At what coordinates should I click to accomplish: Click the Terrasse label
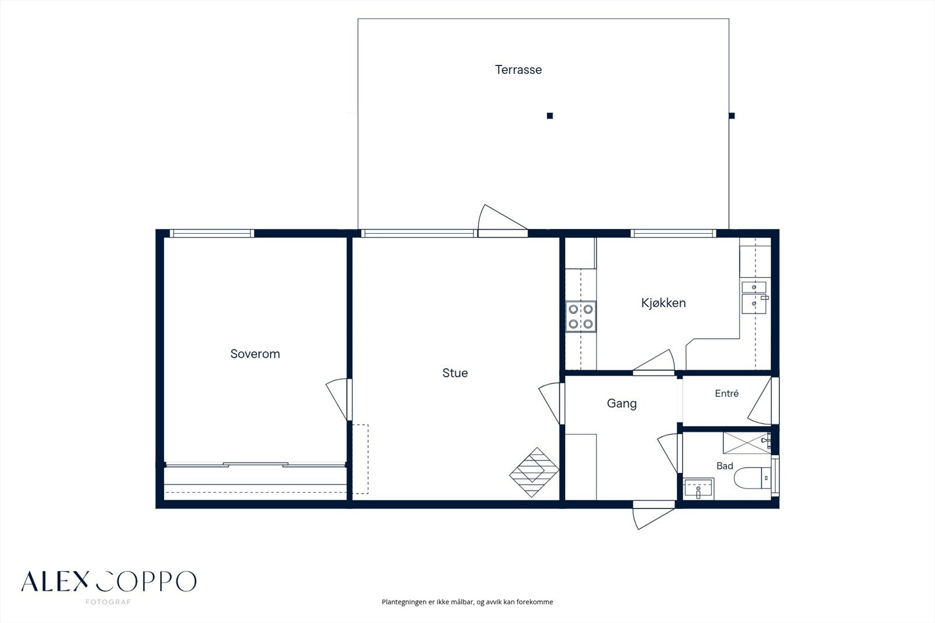tap(518, 70)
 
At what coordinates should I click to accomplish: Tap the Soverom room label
tap(255, 354)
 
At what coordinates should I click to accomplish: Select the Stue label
tap(455, 373)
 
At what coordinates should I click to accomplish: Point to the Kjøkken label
tap(663, 303)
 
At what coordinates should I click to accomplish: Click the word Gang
tap(622, 404)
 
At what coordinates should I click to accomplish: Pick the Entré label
tap(727, 393)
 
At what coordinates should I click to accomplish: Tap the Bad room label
tap(725, 466)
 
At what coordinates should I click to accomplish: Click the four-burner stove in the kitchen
tap(581, 316)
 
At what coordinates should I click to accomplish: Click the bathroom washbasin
tap(699, 489)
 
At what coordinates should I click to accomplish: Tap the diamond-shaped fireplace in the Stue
tap(534, 472)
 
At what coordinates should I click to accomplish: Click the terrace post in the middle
tap(550, 116)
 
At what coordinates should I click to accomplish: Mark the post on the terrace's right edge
tap(731, 116)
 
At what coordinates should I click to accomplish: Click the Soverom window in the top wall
tap(212, 233)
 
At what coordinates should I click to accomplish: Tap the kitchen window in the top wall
tap(673, 233)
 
